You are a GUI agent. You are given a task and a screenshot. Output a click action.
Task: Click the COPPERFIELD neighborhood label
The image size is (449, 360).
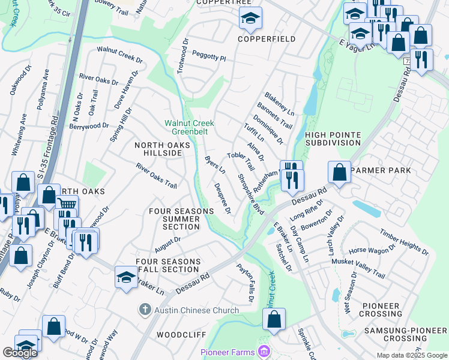267,39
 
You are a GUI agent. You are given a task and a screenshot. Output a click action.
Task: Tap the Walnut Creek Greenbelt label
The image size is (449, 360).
190,127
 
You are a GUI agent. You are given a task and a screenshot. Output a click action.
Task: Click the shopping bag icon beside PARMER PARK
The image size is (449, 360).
339,172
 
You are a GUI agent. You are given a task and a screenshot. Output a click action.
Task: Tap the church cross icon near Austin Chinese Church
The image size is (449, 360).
144,310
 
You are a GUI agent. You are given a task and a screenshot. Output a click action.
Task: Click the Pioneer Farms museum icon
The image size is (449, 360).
263,351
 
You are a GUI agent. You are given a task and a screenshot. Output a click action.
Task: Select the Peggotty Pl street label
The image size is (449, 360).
208,58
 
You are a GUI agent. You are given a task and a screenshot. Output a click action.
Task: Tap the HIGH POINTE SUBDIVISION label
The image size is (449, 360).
333,139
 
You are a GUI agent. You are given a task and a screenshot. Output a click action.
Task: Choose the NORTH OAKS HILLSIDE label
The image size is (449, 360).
162,149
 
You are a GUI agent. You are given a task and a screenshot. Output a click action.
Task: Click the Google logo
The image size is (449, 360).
20,353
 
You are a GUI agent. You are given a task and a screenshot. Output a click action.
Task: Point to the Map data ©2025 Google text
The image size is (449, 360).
411,355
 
